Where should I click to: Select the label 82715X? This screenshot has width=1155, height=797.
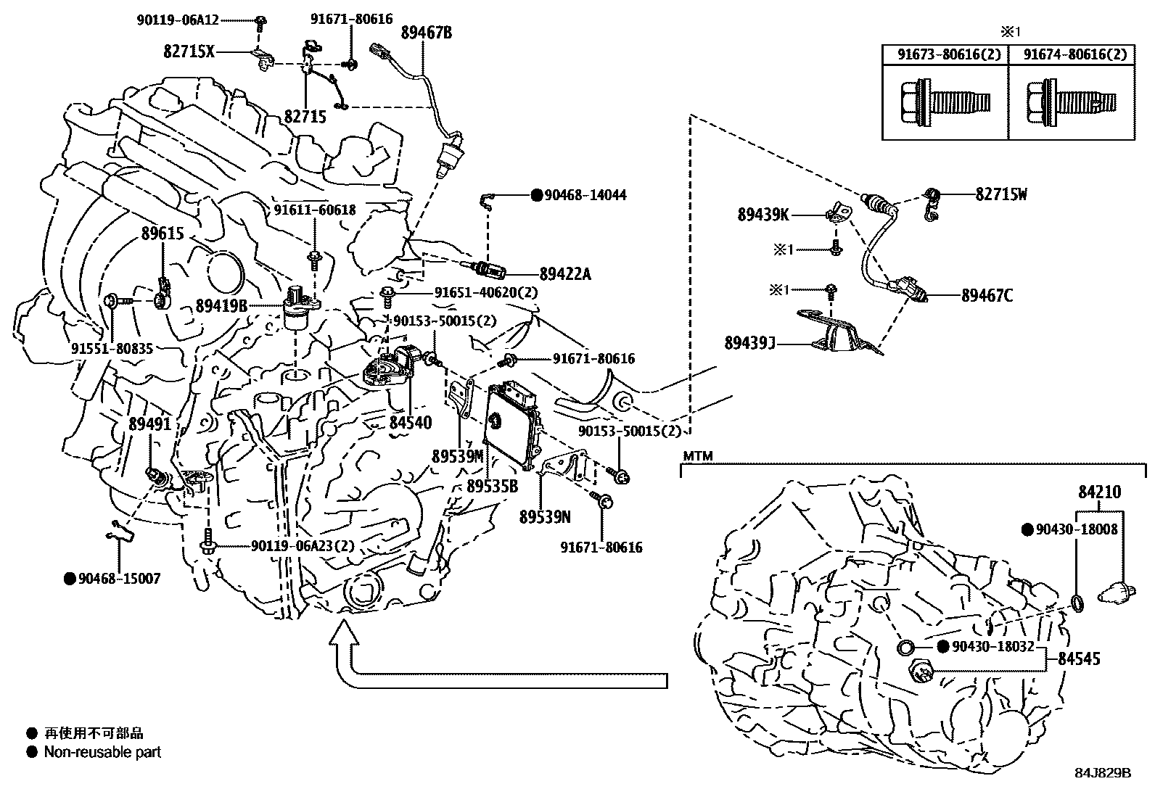(x=189, y=51)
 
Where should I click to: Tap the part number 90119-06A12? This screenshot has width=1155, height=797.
(x=177, y=20)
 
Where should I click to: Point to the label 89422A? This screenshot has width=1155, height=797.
(x=565, y=274)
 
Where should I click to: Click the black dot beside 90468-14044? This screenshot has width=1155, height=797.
(x=537, y=195)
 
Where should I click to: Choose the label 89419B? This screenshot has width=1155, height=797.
(x=221, y=306)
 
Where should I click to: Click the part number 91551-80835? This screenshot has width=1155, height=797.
(x=112, y=349)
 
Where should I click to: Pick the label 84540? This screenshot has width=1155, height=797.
(x=410, y=422)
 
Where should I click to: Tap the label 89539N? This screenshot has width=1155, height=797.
(x=544, y=517)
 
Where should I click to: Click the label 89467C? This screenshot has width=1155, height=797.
(x=987, y=295)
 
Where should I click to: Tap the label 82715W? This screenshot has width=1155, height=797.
(x=1001, y=194)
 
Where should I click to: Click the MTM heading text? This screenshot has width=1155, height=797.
(x=697, y=456)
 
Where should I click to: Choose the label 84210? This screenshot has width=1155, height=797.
(x=1098, y=492)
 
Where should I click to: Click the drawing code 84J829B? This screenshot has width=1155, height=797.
(x=1103, y=773)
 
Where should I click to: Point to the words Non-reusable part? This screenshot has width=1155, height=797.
(x=102, y=752)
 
